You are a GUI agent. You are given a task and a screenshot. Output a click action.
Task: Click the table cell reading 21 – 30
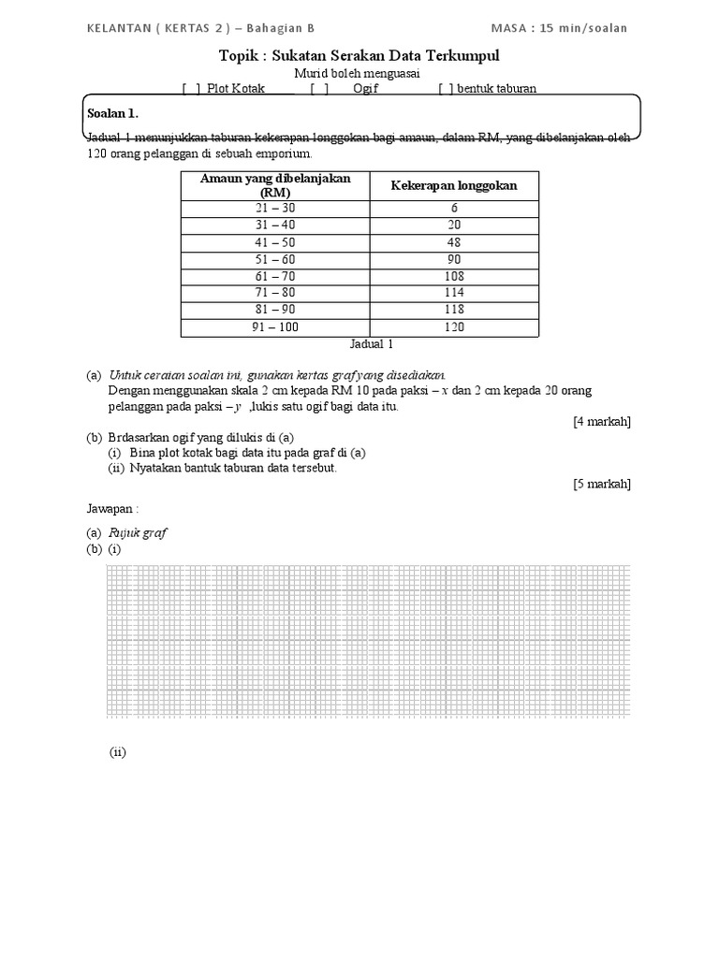(x=275, y=209)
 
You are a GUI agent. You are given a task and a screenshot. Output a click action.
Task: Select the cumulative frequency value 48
(x=454, y=242)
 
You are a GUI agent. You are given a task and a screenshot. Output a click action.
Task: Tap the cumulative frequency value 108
(x=454, y=277)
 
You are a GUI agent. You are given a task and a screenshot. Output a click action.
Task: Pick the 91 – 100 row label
(x=275, y=327)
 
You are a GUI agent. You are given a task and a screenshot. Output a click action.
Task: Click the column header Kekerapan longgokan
(x=454, y=185)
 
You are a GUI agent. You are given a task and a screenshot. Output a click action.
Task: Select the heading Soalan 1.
(x=112, y=113)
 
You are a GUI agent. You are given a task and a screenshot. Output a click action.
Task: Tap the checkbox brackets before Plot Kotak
(x=192, y=89)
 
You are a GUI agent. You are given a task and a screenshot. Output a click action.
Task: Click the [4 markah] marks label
(x=601, y=422)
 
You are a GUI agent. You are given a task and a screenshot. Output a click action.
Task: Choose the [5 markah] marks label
(x=601, y=484)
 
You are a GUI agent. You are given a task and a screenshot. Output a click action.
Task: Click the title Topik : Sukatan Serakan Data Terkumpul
(x=359, y=56)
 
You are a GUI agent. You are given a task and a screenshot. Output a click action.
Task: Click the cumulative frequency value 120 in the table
(x=454, y=327)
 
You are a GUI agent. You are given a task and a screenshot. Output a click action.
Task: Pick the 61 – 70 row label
(x=275, y=277)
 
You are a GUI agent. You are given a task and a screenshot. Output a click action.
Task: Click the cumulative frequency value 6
(x=454, y=209)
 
